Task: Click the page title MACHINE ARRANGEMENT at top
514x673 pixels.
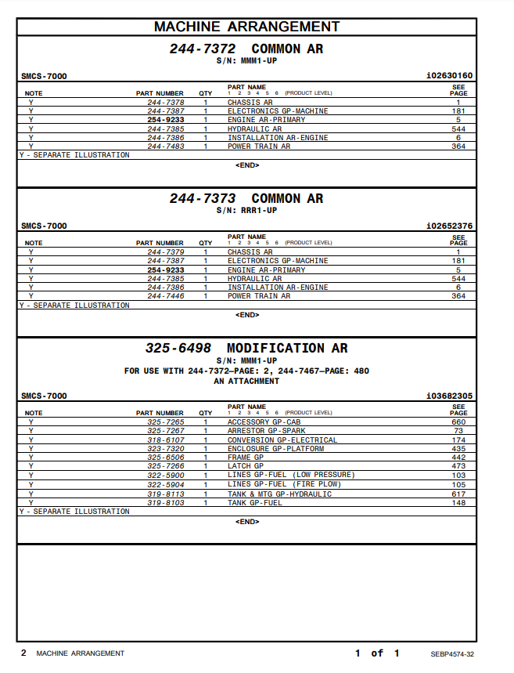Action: coord(246,27)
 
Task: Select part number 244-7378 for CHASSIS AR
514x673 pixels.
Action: coord(166,103)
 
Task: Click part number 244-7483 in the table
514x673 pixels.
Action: coord(166,147)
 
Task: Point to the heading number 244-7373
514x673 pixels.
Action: coord(203,199)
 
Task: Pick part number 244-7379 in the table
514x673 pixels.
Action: coord(166,252)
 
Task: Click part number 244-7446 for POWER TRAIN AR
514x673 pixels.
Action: coord(166,296)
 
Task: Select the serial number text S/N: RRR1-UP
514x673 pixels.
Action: coord(246,211)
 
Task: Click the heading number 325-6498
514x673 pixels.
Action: coord(178,348)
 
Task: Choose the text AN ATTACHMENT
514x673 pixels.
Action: coord(246,382)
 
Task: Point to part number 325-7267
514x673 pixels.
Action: coord(166,431)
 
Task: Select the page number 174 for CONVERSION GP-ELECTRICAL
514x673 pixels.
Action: coord(458,440)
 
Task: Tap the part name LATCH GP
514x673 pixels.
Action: coord(245,466)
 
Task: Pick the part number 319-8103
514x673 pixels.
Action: coord(166,502)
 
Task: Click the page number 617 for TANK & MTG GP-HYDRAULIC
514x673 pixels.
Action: coord(458,494)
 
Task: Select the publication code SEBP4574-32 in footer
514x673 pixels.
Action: coord(451,653)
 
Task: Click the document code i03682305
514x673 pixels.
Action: coord(449,396)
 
